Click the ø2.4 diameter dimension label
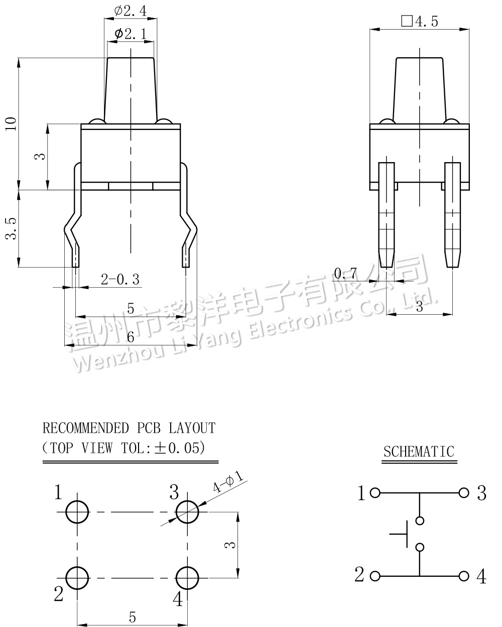130,11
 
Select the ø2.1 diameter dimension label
130,34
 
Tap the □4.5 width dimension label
420,21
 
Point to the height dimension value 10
11,123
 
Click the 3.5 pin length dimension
11,228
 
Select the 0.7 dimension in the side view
345,273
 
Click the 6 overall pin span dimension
130,337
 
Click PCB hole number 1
77,513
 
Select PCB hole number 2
77,578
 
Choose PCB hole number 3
187,513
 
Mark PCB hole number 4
187,578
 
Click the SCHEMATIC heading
419,451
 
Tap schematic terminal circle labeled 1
374,493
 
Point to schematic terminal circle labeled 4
464,576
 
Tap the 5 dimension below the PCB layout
132,617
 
